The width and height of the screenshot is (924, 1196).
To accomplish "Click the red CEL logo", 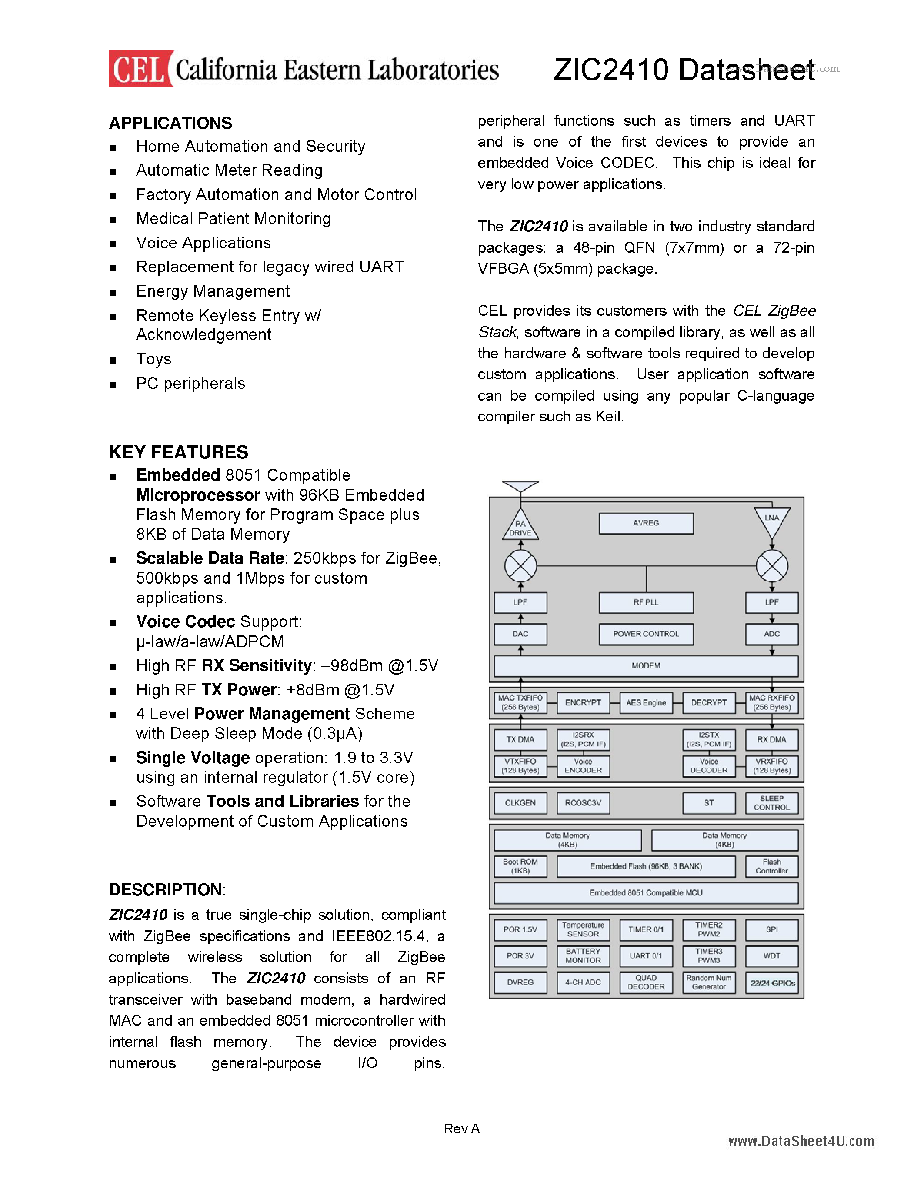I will tap(140, 70).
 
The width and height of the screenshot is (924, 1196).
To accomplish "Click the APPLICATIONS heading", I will tap(170, 123).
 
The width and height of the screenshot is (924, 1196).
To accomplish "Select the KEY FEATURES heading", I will tap(178, 452).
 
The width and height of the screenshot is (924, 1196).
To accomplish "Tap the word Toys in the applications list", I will tap(154, 359).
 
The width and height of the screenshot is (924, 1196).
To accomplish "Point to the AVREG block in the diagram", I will tap(646, 523).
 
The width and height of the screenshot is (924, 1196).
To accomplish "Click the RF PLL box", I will tap(646, 602).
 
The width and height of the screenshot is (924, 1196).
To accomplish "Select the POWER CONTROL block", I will tap(646, 634).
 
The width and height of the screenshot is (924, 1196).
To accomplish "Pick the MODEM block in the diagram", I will tap(646, 666).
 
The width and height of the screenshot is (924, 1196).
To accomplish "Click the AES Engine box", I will tap(646, 702).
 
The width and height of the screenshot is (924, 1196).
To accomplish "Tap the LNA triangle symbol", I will tap(772, 520).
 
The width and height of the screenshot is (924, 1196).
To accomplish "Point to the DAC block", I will tap(520, 634).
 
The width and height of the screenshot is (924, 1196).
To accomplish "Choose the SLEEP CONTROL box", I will tap(772, 803).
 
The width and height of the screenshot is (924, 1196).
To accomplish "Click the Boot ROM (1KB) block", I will tap(520, 866).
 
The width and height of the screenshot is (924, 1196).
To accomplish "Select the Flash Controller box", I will tap(772, 866).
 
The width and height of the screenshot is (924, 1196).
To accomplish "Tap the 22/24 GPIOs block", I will tap(772, 983).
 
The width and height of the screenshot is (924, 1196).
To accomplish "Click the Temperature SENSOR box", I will tap(583, 929).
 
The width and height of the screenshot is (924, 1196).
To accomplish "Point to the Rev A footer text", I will tap(462, 1129).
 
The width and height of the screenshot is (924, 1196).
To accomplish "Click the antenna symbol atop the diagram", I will tap(520, 486).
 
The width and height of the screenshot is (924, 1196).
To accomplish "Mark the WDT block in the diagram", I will tap(772, 955).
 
